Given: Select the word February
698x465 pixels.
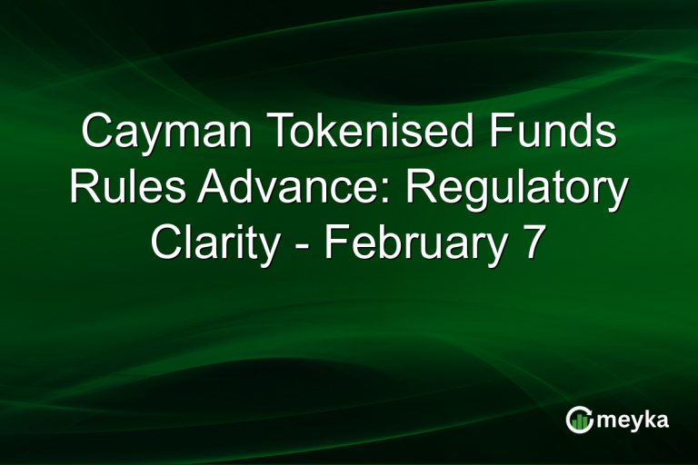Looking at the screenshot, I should click(x=415, y=243).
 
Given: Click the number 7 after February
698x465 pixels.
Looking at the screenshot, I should click(x=534, y=243).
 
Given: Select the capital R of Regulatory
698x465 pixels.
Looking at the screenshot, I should click(x=420, y=189).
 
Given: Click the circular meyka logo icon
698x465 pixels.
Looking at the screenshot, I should click(x=580, y=419).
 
